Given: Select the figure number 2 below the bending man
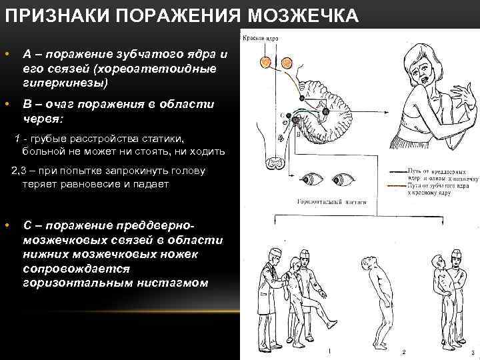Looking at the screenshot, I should [403, 351].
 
